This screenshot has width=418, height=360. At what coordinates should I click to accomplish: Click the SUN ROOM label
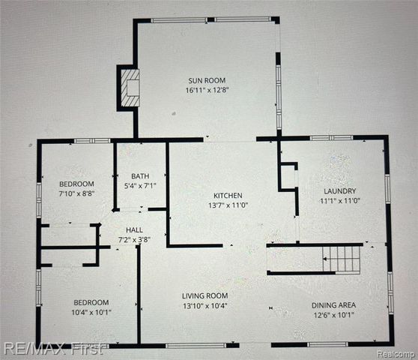pos(207,80)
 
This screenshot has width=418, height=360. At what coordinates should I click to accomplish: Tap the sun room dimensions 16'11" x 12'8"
pos(207,91)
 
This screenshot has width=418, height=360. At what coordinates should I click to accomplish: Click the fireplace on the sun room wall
pos(128,88)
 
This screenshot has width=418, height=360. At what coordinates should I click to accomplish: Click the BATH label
pos(139,177)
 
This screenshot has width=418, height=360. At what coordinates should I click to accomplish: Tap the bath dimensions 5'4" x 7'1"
pos(139,187)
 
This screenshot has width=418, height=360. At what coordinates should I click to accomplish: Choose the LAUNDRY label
pos(340,190)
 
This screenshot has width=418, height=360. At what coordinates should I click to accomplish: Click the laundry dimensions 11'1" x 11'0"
pos(340,201)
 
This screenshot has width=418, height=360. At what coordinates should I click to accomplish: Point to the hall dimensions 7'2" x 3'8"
pos(136,238)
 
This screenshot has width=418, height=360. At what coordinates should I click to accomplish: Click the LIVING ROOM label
pos(205,295)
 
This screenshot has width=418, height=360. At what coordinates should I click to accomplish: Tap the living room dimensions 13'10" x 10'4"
pos(205,305)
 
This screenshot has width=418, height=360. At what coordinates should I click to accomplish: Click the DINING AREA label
pos(334,304)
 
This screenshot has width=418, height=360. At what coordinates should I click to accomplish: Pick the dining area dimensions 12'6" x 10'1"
pos(334,315)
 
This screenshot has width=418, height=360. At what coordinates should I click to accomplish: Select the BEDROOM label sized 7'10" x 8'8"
pos(76,184)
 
